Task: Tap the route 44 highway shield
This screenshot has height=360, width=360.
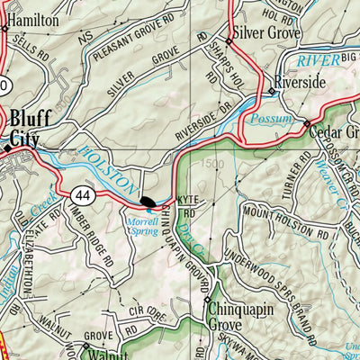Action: [x=84, y=193]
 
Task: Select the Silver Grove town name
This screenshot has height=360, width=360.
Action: [x=267, y=32]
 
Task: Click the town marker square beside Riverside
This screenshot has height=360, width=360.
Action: [x=271, y=92]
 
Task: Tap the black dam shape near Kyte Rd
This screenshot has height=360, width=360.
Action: [x=148, y=199]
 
